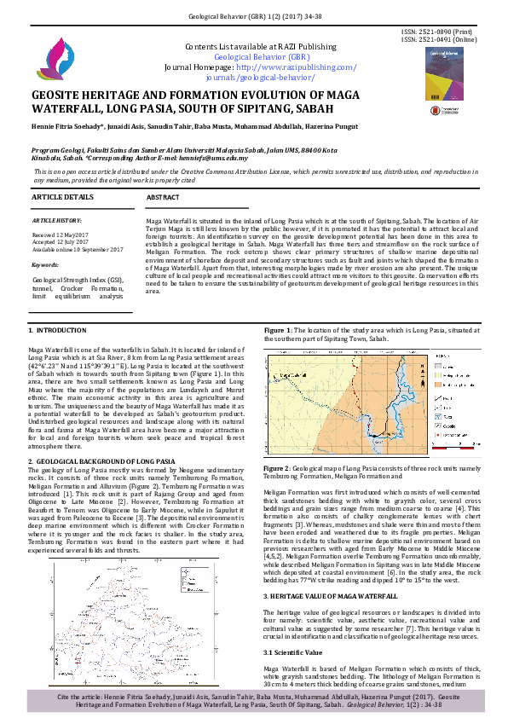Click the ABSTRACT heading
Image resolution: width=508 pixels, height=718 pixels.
163,197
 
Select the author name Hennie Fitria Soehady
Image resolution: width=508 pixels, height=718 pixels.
70,126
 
